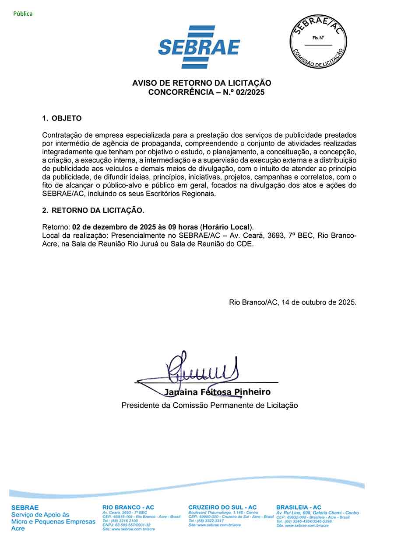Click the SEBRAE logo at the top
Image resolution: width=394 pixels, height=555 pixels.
pos(199,47)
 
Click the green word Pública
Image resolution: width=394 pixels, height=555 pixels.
pos(23,14)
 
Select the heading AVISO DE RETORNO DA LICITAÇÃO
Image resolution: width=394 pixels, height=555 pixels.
pos(202,83)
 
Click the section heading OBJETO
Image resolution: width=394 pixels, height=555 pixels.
pos(67,118)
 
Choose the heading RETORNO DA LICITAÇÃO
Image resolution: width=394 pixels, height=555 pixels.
pos(98,210)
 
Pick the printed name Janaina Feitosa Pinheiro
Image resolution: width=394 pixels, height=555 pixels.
pos(217,392)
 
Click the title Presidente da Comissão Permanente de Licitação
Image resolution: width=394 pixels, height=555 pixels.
pos(210,406)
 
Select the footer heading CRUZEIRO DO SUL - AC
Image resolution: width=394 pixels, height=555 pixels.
pos(222,507)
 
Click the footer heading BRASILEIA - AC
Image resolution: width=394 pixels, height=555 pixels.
pos(299,507)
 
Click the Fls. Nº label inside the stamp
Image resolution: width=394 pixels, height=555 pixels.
pos(318,38)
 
